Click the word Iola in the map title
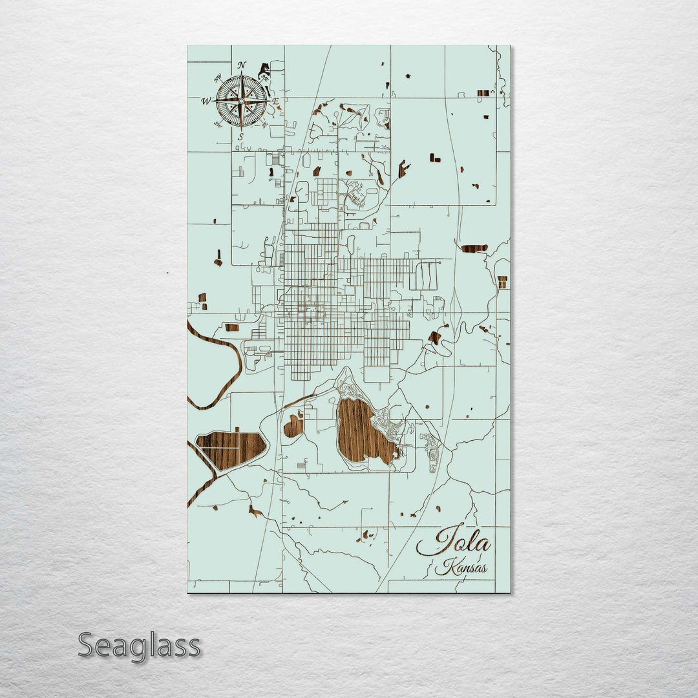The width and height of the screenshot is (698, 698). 454,540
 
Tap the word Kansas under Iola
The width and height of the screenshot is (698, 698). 461,568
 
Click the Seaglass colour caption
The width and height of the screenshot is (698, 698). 139,646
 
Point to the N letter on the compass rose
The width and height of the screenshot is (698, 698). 242,65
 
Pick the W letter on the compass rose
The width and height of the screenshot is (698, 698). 206,101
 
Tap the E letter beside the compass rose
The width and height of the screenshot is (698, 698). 275,101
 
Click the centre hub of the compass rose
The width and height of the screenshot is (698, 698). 241,101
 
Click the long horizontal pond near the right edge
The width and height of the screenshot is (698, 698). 474,248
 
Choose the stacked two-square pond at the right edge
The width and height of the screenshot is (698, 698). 502,282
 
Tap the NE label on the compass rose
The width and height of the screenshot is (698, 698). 264,78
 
